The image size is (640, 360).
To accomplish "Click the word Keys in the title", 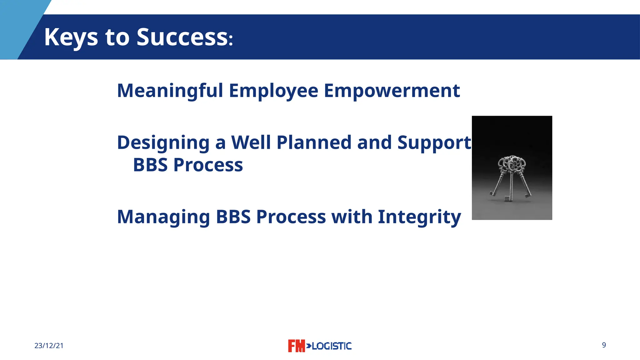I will [x=71, y=37].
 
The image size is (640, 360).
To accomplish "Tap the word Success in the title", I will [x=182, y=37].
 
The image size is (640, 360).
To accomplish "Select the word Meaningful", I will [x=170, y=91].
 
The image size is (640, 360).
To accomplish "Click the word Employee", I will [x=273, y=91].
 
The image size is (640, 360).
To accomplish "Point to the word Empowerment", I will [x=392, y=91].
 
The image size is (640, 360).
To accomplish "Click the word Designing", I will [x=163, y=143].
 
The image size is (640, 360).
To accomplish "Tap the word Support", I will [x=434, y=143].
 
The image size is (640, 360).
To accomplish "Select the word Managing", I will [x=163, y=217].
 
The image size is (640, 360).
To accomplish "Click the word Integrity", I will [x=419, y=217].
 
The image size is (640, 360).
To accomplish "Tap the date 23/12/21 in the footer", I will [x=49, y=346].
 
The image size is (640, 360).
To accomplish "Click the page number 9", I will [x=604, y=345].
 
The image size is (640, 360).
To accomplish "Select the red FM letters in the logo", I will [x=296, y=346].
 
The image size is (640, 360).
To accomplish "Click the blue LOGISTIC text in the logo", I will [x=331, y=346].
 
